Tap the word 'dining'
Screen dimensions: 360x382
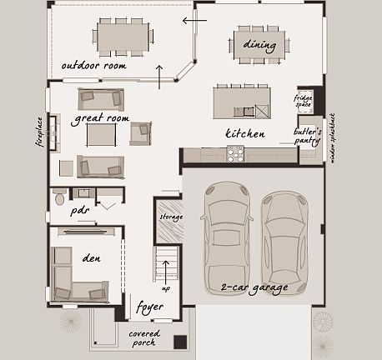coord(259,43)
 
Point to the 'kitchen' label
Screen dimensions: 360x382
coord(245,133)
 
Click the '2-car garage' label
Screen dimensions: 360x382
coord(254,287)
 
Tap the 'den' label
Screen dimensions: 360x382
coord(92,257)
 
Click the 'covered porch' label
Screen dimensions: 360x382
coord(144,337)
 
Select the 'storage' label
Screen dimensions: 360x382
coord(170,217)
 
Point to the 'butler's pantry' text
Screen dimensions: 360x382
coord(307,136)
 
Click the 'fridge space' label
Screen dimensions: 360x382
coord(303,102)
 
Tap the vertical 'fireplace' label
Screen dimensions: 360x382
coord(39,132)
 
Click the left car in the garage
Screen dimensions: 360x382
coord(226,229)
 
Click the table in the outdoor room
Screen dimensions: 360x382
coord(124,36)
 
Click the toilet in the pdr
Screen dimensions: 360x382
coord(58,198)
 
